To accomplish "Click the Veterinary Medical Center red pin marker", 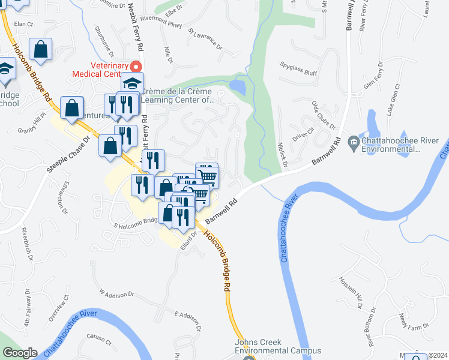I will pyautogui.click(x=136, y=67).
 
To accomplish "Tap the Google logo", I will pyautogui.click(x=20, y=353).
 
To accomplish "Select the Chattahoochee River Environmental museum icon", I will pyautogui.click(x=353, y=142).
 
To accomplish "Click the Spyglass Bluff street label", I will pyautogui.click(x=298, y=64).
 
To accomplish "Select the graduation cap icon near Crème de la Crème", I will pyautogui.click(x=132, y=83).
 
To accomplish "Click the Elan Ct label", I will pyautogui.click(x=23, y=24).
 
